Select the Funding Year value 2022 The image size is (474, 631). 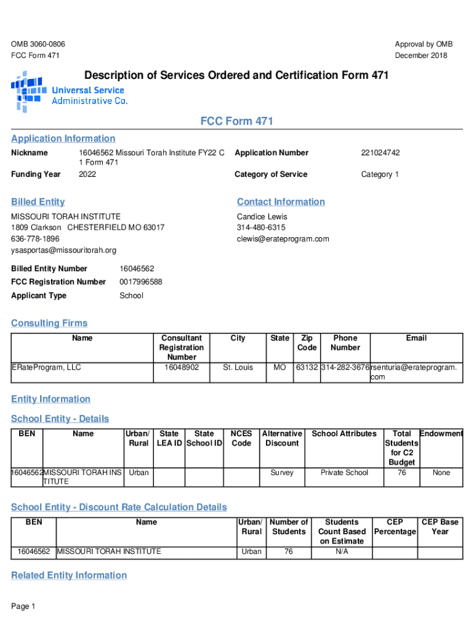coord(87,174)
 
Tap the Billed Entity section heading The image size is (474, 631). coord(38,202)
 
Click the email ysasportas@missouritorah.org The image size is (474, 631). coord(64,250)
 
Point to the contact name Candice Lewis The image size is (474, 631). coord(262,217)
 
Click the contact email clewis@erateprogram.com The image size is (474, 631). coord(283,239)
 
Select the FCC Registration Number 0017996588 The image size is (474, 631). coord(141,282)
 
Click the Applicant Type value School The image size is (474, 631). coord(131,296)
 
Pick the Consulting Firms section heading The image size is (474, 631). coord(50,324)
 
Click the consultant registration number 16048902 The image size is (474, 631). coord(182,368)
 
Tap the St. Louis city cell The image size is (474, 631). coord(238,368)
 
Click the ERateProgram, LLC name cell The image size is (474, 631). coord(47,368)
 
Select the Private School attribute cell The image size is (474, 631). coord(344,473)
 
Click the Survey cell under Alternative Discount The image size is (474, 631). coord(282,473)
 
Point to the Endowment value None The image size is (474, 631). coord(441,473)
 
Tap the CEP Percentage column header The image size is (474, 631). coord(395,527)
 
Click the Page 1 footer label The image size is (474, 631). coord(23,607)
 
